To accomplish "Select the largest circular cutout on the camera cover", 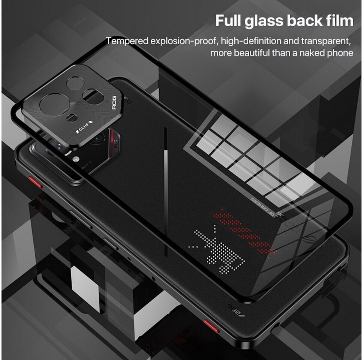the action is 54,103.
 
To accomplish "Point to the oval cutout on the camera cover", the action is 93,97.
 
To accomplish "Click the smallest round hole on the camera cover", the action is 72,118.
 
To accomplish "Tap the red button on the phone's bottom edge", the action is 211,325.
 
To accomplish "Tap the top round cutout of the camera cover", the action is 75,82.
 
